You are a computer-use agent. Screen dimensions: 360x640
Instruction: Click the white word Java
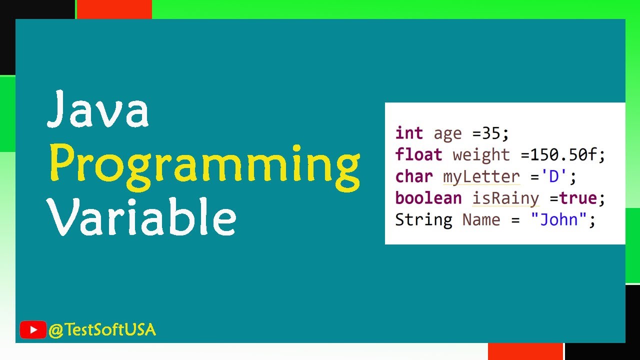pyautogui.click(x=98, y=110)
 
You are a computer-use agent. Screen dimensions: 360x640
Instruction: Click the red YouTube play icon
pyautogui.click(x=33, y=330)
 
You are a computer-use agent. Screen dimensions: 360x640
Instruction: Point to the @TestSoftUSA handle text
pyautogui.click(x=102, y=330)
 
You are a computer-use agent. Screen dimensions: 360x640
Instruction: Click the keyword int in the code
pyautogui.click(x=409, y=133)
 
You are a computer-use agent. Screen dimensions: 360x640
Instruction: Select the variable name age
pyautogui.click(x=447, y=134)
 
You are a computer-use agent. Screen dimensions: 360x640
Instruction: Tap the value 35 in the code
pyautogui.click(x=492, y=133)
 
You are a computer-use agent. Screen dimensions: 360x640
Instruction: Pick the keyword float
pyautogui.click(x=418, y=154)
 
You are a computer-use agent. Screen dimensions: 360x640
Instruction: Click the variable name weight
pyautogui.click(x=481, y=155)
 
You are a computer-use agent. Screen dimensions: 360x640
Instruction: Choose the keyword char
pyautogui.click(x=414, y=176)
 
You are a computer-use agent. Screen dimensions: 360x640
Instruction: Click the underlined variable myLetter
pyautogui.click(x=481, y=177)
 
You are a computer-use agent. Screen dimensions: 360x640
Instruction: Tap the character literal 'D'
pyautogui.click(x=553, y=176)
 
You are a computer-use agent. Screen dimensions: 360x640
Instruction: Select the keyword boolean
pyautogui.click(x=428, y=198)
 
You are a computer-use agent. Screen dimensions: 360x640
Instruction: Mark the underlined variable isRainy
pyautogui.click(x=505, y=198)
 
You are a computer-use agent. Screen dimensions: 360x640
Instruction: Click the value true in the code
pyautogui.click(x=578, y=198)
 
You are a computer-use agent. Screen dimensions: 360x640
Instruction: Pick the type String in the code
pyautogui.click(x=423, y=219)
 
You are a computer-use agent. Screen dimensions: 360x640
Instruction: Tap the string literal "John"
pyautogui.click(x=558, y=219)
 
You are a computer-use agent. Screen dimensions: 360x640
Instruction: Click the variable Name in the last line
pyautogui.click(x=481, y=219)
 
